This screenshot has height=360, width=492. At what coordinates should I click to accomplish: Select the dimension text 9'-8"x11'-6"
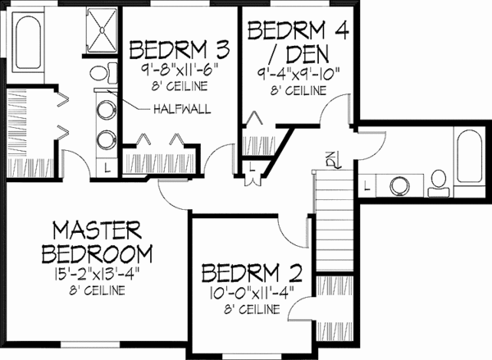(x=169, y=69)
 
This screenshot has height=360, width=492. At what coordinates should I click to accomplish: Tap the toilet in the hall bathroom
(x=439, y=182)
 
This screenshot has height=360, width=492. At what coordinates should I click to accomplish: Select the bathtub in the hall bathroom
(x=468, y=160)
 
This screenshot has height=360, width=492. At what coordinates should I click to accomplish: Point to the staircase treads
(x=334, y=210)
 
